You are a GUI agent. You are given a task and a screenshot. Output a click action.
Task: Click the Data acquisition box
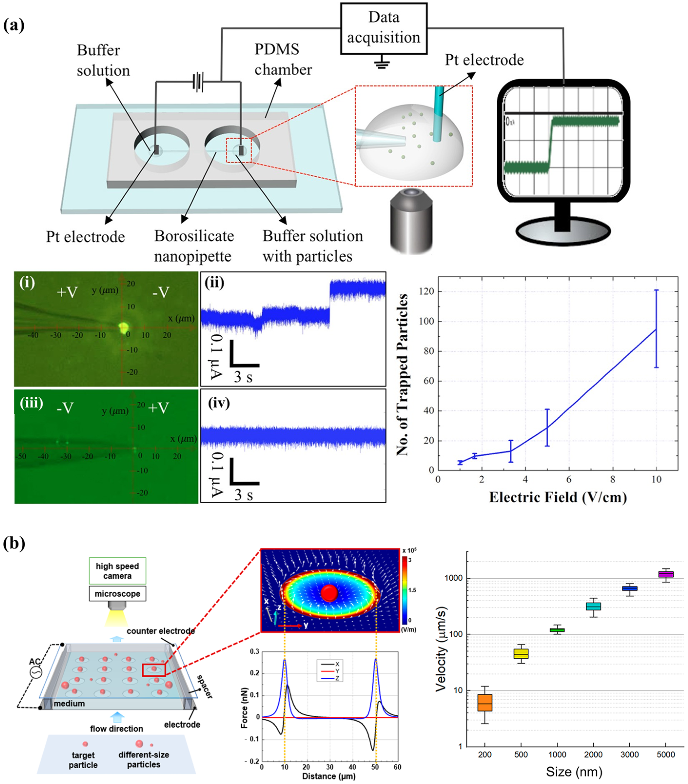pyautogui.click(x=384, y=28)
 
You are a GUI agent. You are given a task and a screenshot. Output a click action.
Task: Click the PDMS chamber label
pyautogui.click(x=283, y=60)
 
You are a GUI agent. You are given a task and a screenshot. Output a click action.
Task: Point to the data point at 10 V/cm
pyautogui.click(x=656, y=329)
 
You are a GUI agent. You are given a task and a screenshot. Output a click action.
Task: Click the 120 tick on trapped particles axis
pyautogui.click(x=426, y=291)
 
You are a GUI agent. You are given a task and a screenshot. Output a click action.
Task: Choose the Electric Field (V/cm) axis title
pyautogui.click(x=558, y=497)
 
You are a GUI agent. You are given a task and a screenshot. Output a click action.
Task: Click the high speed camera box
pyautogui.click(x=117, y=571)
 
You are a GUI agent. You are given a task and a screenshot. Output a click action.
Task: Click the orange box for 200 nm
pyautogui.click(x=485, y=703)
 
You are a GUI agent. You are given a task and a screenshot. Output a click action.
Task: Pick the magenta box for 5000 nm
pyautogui.click(x=666, y=574)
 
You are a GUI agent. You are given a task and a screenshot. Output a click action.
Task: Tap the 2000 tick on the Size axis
pyautogui.click(x=593, y=755)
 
